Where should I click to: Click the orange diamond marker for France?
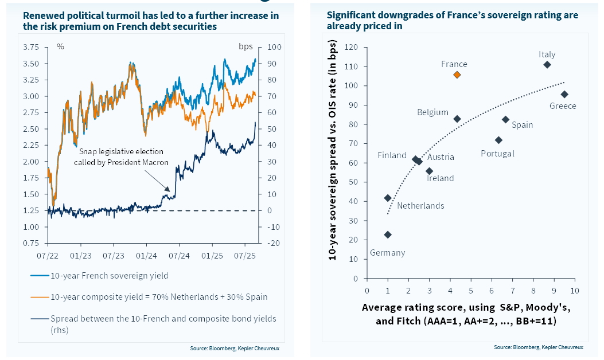(457, 75)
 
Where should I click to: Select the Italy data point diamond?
(547, 65)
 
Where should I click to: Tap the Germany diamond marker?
(388, 234)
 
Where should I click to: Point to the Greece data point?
(564, 94)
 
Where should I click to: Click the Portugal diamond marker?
(498, 140)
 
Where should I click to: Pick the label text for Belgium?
(432, 112)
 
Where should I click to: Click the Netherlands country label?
(420, 206)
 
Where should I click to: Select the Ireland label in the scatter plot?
(440, 178)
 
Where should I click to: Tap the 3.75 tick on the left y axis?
(31, 47)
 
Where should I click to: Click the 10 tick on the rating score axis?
(574, 290)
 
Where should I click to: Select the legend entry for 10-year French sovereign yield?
(109, 276)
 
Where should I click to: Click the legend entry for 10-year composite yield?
(158, 297)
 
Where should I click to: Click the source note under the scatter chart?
(538, 347)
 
